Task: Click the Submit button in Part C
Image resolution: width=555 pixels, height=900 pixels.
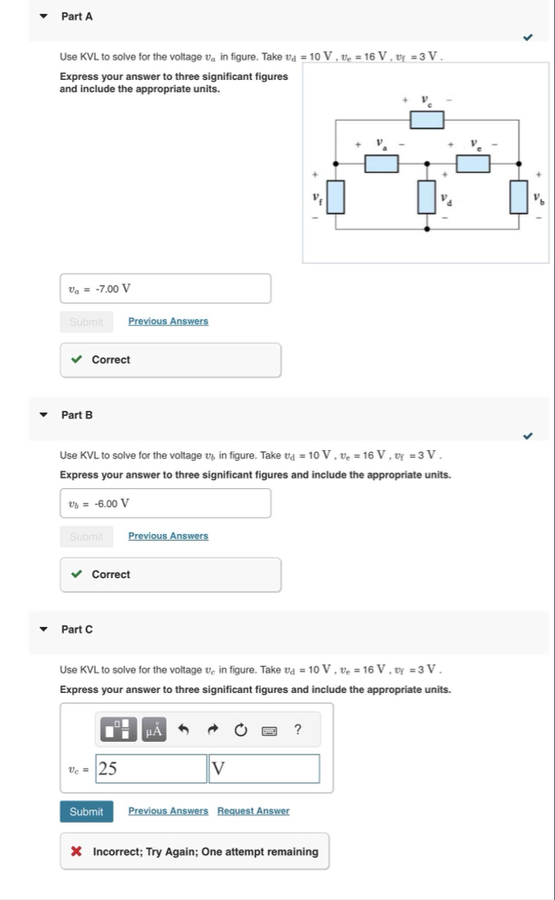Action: (x=86, y=811)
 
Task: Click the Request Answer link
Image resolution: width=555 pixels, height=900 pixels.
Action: (x=253, y=811)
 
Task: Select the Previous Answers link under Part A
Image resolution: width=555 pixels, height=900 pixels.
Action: (x=168, y=321)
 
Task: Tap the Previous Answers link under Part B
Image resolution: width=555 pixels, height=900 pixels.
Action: (x=168, y=536)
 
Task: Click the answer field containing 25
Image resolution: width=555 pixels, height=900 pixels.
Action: (x=151, y=769)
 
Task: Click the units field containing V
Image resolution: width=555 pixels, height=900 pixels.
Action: (x=263, y=769)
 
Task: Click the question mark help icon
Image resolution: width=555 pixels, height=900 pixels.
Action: (x=297, y=730)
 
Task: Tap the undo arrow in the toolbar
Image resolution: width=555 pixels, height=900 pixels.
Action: (x=184, y=730)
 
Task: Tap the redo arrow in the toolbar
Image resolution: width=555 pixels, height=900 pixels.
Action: (x=213, y=730)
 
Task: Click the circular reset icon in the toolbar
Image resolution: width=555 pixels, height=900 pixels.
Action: (x=241, y=730)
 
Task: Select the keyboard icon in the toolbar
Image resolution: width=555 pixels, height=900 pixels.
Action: (x=269, y=730)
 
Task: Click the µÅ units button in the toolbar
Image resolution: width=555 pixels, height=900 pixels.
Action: (x=155, y=730)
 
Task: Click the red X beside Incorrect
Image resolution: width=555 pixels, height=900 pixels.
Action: (x=76, y=852)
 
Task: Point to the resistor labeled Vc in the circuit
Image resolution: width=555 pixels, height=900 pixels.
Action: (x=428, y=120)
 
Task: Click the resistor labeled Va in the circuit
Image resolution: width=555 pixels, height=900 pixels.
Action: (x=381, y=162)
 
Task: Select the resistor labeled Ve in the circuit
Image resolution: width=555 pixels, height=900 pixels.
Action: (x=472, y=162)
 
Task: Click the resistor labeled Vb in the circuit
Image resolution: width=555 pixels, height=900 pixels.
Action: (x=520, y=197)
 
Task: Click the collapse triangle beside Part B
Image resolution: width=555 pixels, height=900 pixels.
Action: (x=45, y=414)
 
